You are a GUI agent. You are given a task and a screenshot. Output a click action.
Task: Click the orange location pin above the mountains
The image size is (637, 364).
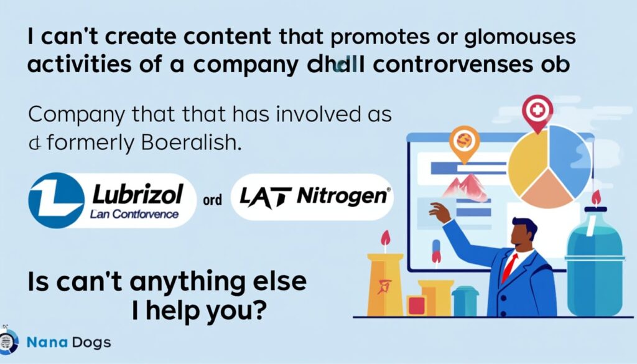pos(462,141)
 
